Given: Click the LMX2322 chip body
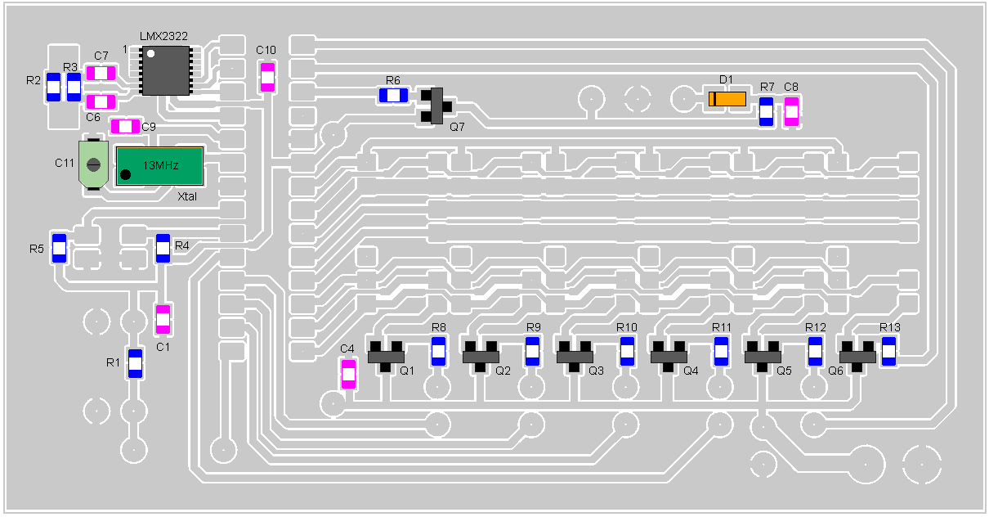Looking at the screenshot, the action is point(166,70).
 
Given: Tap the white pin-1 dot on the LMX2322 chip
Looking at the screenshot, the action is point(150,53).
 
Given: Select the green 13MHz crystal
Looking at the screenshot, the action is point(160,166).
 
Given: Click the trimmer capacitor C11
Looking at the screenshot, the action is point(93,164).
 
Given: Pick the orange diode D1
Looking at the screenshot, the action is point(727,99).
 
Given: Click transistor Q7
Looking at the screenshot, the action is point(436,106).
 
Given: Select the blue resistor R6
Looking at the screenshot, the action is point(393,96).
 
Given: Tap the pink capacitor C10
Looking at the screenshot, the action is point(267,78).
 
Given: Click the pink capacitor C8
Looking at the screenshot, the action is point(791,112).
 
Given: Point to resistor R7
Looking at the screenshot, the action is point(767,112).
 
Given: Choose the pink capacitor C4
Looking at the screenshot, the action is point(348,375).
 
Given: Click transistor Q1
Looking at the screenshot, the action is point(386,356).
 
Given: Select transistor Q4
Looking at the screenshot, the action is point(669,356).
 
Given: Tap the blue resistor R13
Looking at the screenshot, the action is point(888,351).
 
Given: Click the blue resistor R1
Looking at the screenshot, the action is point(135,364).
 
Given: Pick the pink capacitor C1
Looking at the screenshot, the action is point(163,319).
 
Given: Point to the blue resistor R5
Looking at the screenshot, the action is point(59,249).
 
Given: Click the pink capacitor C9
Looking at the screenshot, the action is point(125,126).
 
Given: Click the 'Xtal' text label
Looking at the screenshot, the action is point(186,196).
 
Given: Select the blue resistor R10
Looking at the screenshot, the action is point(627,351).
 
